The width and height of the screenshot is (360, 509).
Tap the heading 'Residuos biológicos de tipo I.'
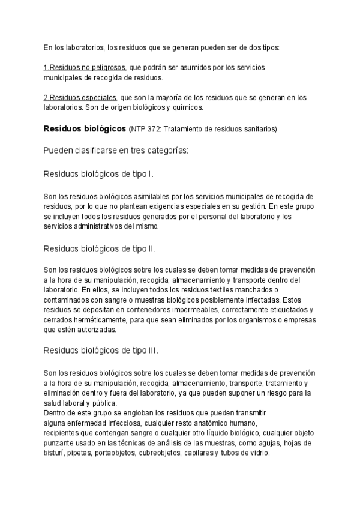tap(99, 174)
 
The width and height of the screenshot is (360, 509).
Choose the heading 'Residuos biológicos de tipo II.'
tap(100, 248)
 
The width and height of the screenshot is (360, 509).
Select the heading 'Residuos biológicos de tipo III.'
tap(101, 351)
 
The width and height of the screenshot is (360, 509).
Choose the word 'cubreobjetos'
tap(157, 453)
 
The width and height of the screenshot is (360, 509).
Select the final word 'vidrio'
tap(260, 453)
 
